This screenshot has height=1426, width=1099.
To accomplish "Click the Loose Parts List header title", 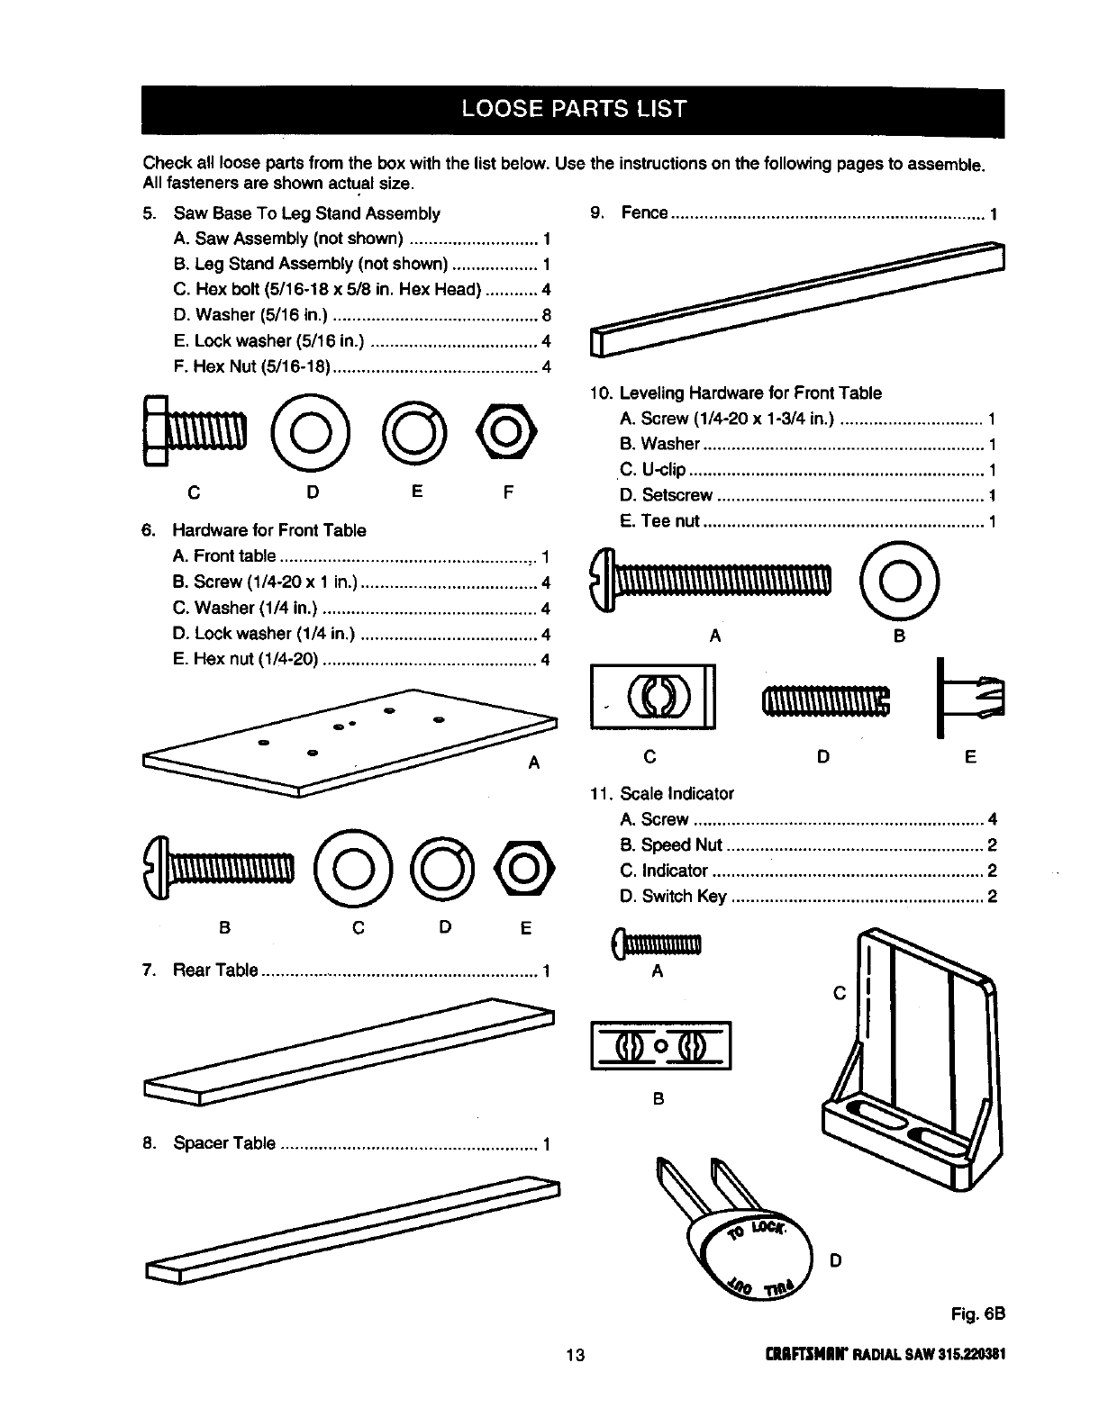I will click(x=573, y=110).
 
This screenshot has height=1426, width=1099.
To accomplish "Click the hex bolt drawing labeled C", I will click(x=193, y=432).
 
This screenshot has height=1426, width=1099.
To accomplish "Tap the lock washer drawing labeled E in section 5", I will click(x=413, y=433).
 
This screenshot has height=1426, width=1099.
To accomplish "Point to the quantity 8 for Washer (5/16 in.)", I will click(x=546, y=315).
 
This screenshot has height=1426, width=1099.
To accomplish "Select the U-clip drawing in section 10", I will click(x=652, y=697).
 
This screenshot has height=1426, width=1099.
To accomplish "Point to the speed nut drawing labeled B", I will click(x=660, y=1045).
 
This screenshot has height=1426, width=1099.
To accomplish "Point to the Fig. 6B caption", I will click(x=976, y=1314).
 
